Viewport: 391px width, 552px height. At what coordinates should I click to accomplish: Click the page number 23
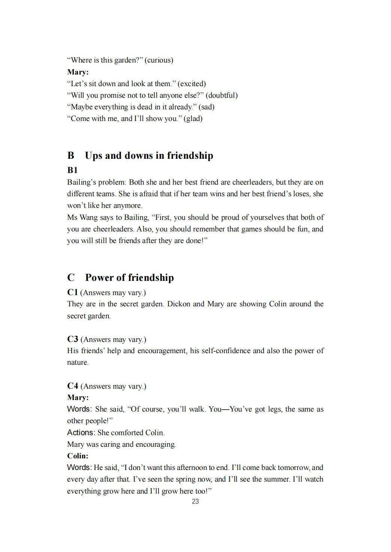point(195,501)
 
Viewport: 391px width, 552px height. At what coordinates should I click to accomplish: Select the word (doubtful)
point(222,95)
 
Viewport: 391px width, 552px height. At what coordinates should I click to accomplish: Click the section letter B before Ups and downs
point(71,156)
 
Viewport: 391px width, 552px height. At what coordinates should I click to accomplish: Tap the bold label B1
point(72,170)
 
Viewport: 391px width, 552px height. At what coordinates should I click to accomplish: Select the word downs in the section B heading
point(139,156)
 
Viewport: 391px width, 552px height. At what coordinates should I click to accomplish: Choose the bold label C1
point(72,292)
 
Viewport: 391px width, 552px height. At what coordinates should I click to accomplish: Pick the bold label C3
point(72,339)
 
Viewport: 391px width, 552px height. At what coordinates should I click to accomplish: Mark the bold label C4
point(72,386)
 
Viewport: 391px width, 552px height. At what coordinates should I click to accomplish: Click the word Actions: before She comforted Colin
point(81,433)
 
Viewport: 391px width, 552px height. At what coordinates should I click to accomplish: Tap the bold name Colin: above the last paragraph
point(78,456)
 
